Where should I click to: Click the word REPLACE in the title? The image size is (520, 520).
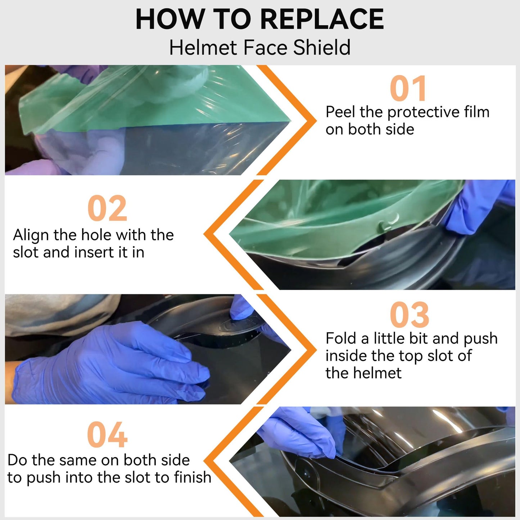click(x=322, y=19)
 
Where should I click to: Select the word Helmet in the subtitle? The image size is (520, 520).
click(x=203, y=48)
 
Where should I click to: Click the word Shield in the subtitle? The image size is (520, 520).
click(x=322, y=48)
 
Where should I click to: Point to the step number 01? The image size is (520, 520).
click(x=408, y=88)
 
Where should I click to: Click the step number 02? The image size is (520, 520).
click(x=107, y=208)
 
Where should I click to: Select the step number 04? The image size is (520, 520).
click(x=107, y=434)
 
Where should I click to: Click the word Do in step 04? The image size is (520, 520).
click(x=17, y=460)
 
